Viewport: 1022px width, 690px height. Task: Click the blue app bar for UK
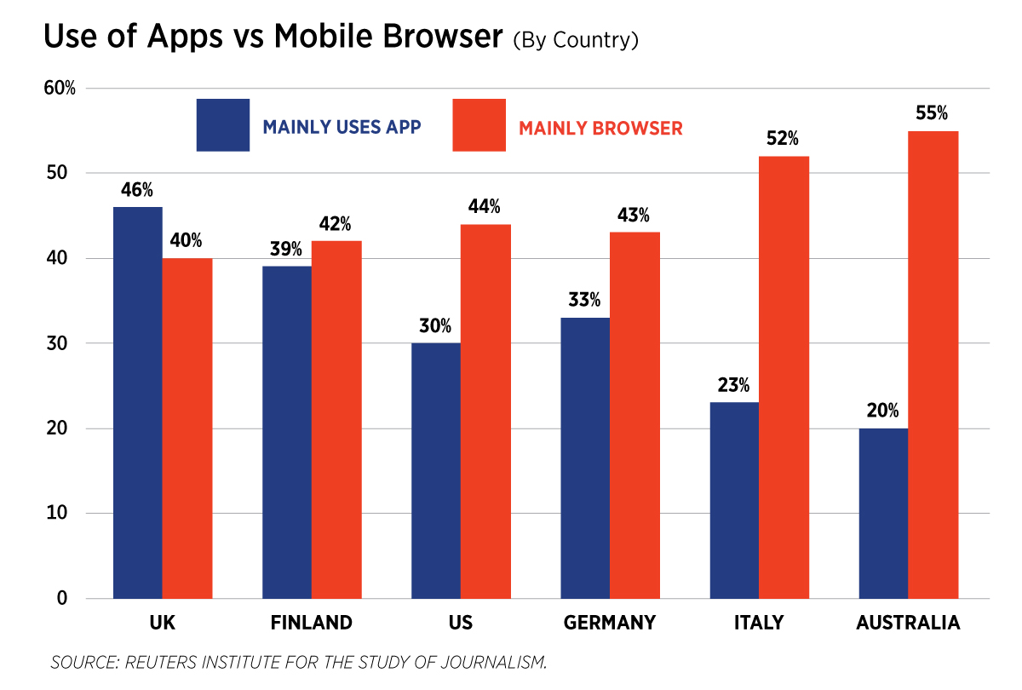pyautogui.click(x=137, y=402)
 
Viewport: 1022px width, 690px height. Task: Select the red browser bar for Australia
pyautogui.click(x=933, y=365)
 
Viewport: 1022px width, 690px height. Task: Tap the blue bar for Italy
pyautogui.click(x=734, y=500)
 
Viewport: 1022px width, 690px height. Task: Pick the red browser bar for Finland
pyautogui.click(x=336, y=419)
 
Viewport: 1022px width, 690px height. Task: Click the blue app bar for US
pyautogui.click(x=436, y=470)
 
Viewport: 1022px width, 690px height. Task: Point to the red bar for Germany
pyautogui.click(x=634, y=415)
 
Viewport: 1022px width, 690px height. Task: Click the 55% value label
pyautogui.click(x=933, y=113)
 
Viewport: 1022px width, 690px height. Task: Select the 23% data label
pyautogui.click(x=733, y=385)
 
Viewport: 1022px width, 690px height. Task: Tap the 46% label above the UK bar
pyautogui.click(x=137, y=190)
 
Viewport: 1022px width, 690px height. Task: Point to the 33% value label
pyautogui.click(x=585, y=300)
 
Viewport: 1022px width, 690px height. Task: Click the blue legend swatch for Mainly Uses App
pyautogui.click(x=223, y=125)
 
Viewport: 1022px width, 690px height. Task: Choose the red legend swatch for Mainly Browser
pyautogui.click(x=479, y=125)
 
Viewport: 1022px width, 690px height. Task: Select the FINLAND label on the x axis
pyautogui.click(x=312, y=623)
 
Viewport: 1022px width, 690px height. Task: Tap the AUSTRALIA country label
pyautogui.click(x=908, y=623)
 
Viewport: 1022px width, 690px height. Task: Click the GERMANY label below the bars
pyautogui.click(x=610, y=623)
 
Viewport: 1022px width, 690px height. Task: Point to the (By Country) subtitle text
pyautogui.click(x=576, y=41)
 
